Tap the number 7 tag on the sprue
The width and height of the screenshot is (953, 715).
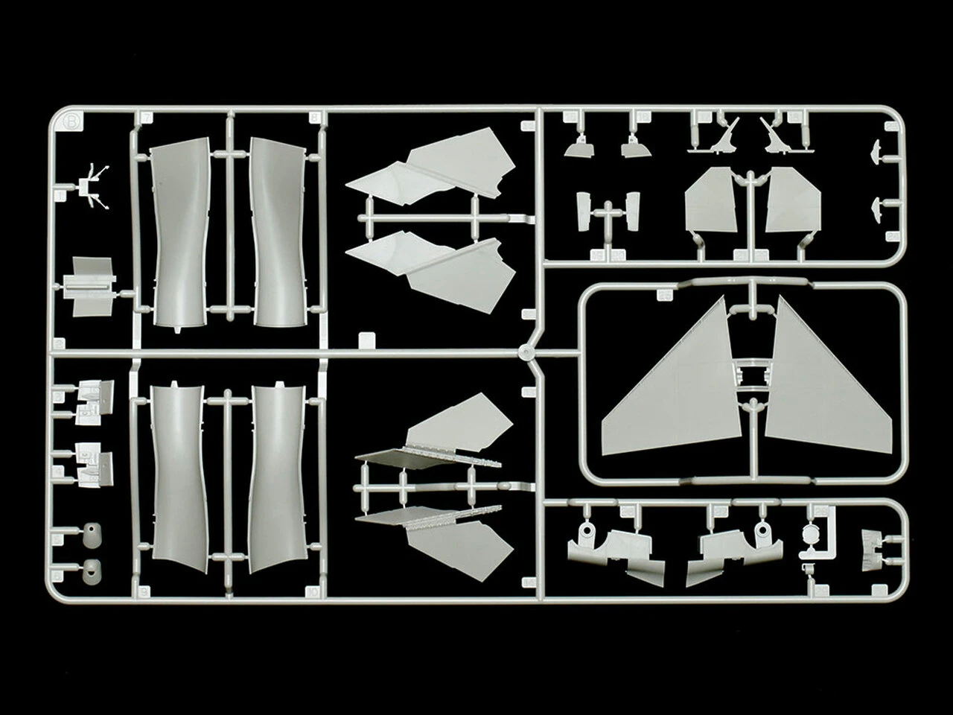point(147,117)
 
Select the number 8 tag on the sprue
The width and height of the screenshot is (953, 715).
point(314,117)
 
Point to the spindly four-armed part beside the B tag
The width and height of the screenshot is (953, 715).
point(92,183)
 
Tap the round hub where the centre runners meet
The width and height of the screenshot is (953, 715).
point(528,353)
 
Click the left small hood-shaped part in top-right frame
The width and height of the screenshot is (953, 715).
point(578,149)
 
